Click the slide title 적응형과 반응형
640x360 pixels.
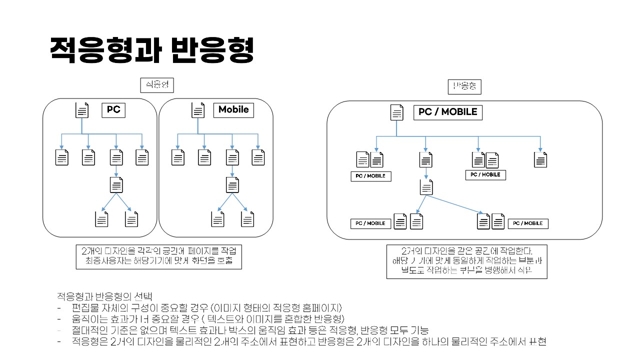click(152, 50)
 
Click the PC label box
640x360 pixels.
click(113, 110)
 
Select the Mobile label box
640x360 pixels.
click(233, 110)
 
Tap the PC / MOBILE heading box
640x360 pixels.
click(447, 112)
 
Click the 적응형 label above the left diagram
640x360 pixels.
click(157, 86)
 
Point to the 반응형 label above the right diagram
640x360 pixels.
click(464, 87)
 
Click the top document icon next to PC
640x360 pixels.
click(82, 110)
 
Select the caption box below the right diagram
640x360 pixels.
click(466, 261)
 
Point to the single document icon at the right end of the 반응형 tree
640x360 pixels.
click(540, 159)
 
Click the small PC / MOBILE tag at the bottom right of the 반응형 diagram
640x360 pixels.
click(528, 223)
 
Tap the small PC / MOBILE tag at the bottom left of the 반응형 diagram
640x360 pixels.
click(370, 223)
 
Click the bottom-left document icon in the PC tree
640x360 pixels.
click(101, 219)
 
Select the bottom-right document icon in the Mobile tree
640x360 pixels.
click(247, 219)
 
